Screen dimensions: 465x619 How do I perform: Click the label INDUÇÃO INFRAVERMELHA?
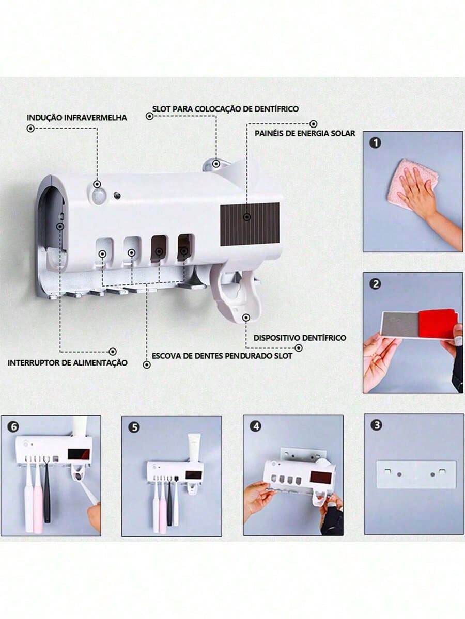(76, 118)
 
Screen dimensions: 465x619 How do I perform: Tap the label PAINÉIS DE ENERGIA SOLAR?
(305, 133)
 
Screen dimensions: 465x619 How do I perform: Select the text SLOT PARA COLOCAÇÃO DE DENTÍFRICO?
(225, 109)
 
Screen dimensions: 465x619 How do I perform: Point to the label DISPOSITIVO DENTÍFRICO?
(300, 338)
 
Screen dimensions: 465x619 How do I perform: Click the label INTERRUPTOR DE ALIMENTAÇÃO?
(68, 363)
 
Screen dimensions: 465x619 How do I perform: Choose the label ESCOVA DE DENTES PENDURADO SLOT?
(222, 356)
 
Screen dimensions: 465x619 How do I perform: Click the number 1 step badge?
(375, 142)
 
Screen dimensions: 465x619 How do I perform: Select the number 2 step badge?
(375, 284)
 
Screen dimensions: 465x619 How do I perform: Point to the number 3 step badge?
(377, 425)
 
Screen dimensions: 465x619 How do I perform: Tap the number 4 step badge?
(256, 426)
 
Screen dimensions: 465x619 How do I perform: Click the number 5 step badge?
(135, 427)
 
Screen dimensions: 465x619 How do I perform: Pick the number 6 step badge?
(14, 427)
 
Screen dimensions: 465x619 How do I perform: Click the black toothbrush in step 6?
(47, 490)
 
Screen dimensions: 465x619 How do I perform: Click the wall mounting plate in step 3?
(415, 474)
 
